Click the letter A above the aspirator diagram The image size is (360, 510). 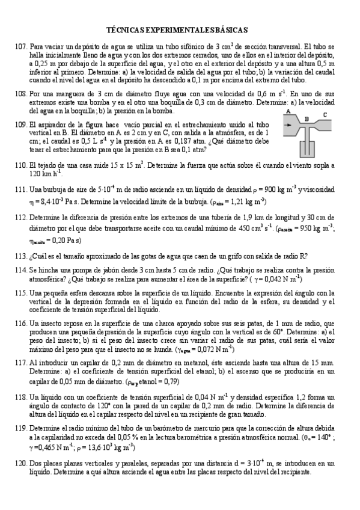click(288, 112)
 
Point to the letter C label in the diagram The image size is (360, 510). click(325, 115)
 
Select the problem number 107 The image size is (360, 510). click(20, 46)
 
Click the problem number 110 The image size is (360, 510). click(20, 164)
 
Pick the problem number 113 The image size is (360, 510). click(20, 256)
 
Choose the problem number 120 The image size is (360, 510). click(20, 464)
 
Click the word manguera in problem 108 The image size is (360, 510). click(70, 94)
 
